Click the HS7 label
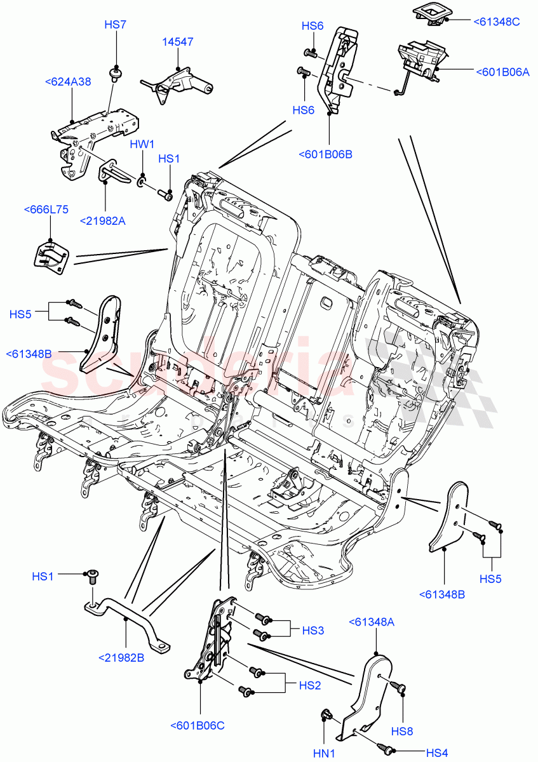(115, 25)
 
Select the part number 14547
(177, 42)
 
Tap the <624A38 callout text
(68, 81)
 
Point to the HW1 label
(142, 145)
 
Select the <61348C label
(497, 22)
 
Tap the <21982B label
(121, 657)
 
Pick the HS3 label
(313, 631)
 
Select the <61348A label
(372, 622)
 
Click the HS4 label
(436, 753)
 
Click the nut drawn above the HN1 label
(325, 716)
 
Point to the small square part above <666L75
(51, 257)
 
